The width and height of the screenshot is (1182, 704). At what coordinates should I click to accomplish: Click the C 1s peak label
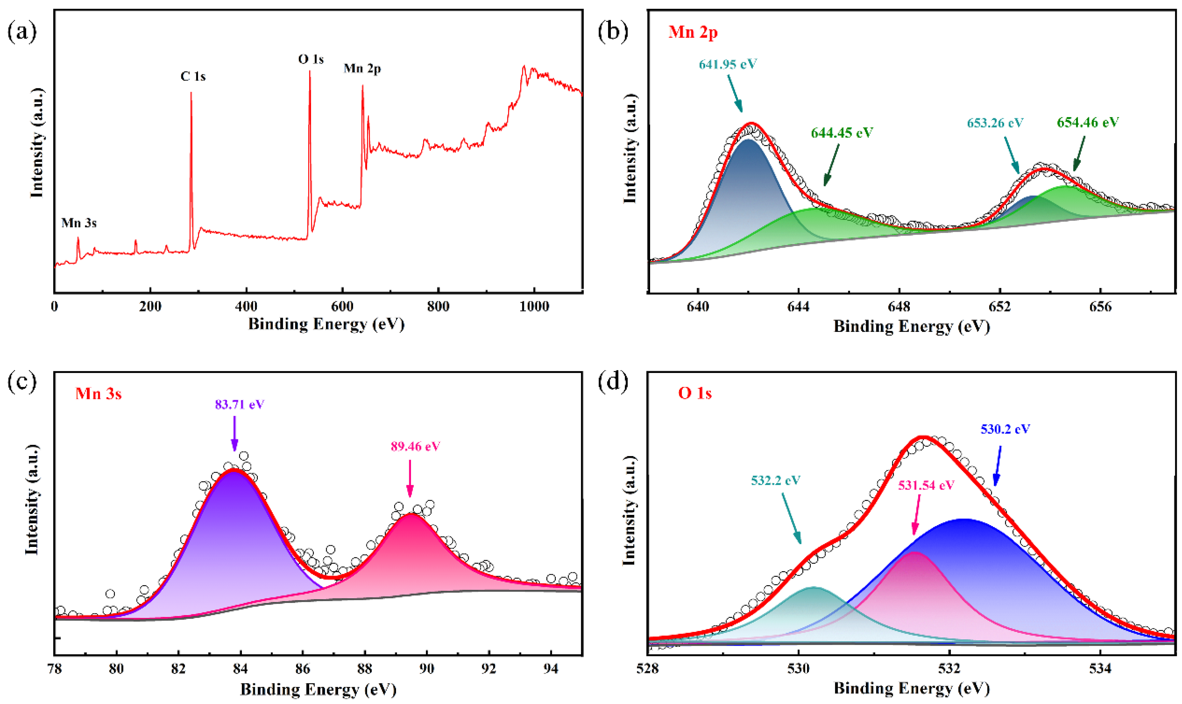(193, 76)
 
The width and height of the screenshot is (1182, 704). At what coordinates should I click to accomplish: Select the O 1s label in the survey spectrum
(311, 59)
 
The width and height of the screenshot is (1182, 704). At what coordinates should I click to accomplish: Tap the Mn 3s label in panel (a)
(79, 223)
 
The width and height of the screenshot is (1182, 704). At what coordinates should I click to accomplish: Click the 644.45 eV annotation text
(842, 133)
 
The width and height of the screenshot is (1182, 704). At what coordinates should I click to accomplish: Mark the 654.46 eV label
(1088, 122)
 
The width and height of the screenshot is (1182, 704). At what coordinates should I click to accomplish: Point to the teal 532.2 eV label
(775, 481)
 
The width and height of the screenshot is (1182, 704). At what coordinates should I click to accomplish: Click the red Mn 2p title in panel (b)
(693, 32)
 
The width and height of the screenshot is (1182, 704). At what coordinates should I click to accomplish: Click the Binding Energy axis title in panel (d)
(912, 689)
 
